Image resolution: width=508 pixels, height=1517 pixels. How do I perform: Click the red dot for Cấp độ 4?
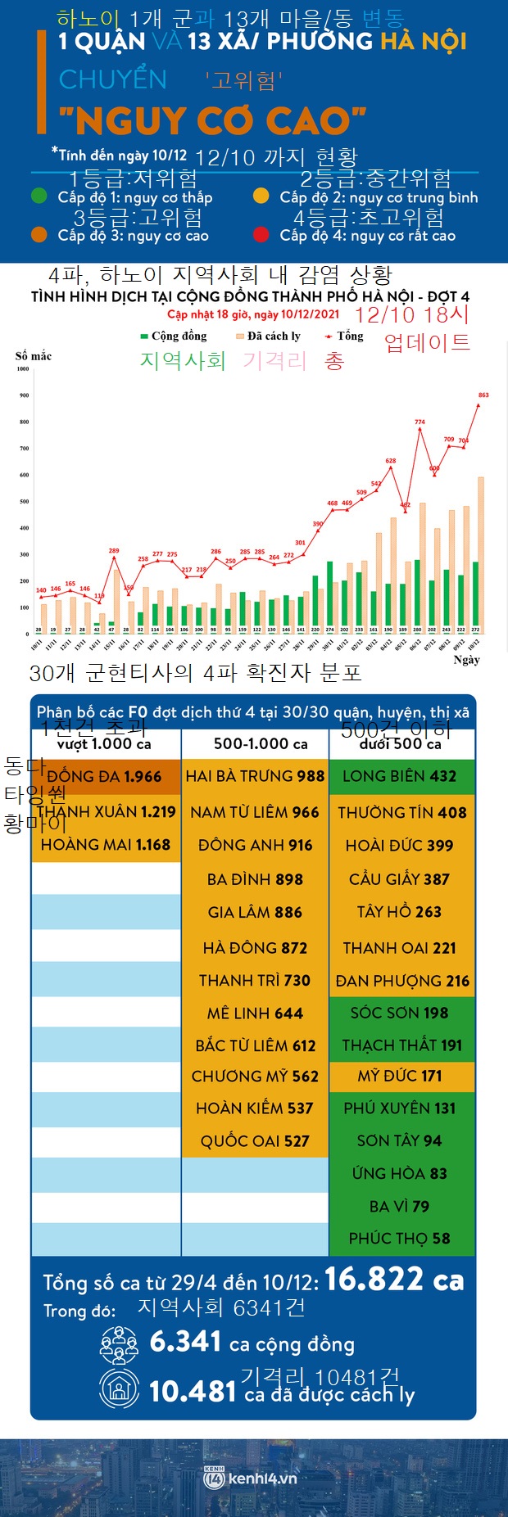click(261, 235)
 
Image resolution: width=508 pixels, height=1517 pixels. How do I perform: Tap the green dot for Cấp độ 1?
click(39, 196)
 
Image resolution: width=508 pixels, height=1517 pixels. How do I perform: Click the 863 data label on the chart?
click(483, 395)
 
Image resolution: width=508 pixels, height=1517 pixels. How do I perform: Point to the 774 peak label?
click(420, 422)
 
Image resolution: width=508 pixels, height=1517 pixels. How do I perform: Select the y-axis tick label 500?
click(24, 501)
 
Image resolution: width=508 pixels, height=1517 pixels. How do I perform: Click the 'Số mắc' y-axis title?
click(34, 356)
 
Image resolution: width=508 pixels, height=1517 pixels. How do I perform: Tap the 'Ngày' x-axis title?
click(466, 660)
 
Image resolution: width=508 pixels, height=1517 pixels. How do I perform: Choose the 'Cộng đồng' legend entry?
click(174, 336)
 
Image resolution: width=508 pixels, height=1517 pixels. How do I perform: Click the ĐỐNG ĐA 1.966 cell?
click(105, 777)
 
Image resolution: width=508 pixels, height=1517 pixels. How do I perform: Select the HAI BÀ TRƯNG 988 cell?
click(255, 776)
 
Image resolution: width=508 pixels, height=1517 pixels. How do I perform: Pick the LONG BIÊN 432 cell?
click(401, 776)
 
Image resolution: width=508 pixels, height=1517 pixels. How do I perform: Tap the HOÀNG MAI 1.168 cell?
click(105, 844)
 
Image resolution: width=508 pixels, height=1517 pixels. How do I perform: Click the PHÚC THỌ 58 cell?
click(400, 1239)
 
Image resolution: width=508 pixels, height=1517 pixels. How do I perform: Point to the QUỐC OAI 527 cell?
click(255, 1140)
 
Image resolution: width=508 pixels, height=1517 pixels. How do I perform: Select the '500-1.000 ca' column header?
click(261, 744)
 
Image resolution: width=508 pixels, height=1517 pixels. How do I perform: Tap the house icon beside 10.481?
click(120, 1389)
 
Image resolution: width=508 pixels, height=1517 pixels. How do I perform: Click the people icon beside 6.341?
click(120, 1343)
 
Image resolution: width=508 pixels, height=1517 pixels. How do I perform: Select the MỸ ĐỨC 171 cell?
click(401, 1076)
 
